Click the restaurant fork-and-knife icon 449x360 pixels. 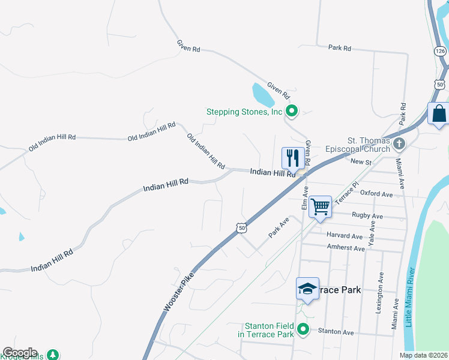(x=292, y=158)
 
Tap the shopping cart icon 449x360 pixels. (x=321, y=206)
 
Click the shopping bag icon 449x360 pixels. (x=439, y=113)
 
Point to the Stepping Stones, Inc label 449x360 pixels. (x=244, y=111)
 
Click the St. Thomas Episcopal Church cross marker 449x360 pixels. (x=400, y=143)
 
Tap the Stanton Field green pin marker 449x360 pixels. (x=304, y=329)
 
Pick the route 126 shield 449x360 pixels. (x=441, y=52)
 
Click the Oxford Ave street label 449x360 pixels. (x=376, y=194)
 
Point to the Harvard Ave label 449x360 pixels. (x=345, y=236)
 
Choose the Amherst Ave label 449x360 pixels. (x=346, y=248)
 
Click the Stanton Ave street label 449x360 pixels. (x=336, y=331)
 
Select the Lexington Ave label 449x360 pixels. (x=379, y=293)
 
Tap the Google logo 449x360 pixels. (x=19, y=353)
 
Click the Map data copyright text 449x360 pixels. (x=423, y=355)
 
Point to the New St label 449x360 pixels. (x=361, y=162)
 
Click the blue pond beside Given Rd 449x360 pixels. (x=262, y=94)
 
